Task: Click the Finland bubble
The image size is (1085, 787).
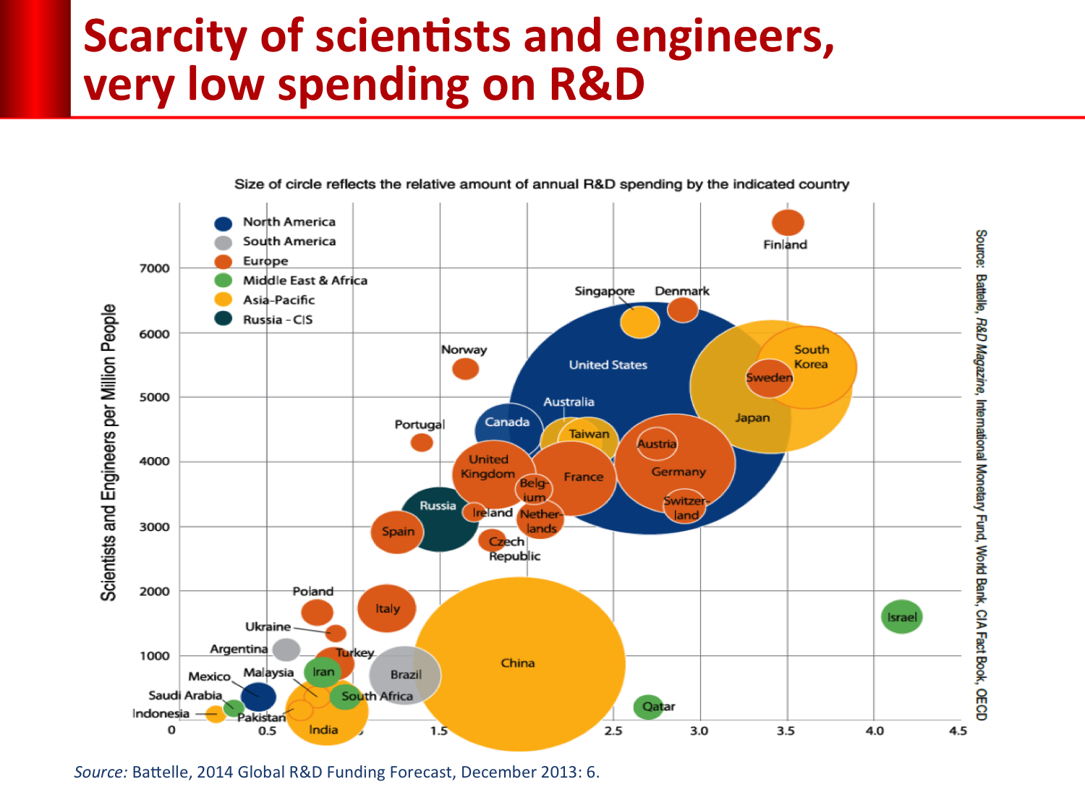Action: tap(788, 223)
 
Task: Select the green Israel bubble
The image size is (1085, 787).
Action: tap(901, 617)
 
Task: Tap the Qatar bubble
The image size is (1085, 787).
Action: tap(648, 707)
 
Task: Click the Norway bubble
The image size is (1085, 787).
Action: tap(465, 369)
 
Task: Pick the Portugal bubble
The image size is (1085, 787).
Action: tap(422, 442)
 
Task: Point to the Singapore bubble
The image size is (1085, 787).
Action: tap(639, 322)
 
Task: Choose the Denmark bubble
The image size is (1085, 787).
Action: tap(682, 310)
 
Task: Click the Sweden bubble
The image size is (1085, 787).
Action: tap(769, 378)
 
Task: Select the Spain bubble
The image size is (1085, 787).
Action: tap(397, 532)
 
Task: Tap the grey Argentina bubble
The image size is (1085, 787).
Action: tap(286, 649)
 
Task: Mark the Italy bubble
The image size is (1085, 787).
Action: tap(387, 608)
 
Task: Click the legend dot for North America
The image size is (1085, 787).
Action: tap(224, 223)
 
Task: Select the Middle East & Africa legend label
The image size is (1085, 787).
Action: tap(305, 281)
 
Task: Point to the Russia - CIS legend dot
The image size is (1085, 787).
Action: tap(224, 319)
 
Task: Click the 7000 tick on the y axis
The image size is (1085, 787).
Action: tap(154, 268)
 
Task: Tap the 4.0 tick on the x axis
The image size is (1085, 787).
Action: tap(875, 731)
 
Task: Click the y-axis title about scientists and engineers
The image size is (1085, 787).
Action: tap(109, 452)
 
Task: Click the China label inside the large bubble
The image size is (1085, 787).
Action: tap(518, 663)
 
